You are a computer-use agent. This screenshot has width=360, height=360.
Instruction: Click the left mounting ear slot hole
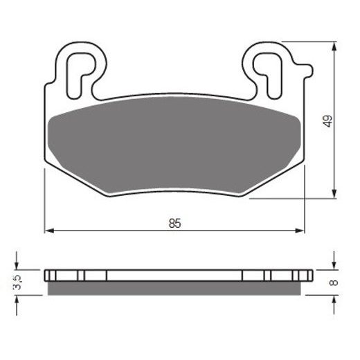[78, 69]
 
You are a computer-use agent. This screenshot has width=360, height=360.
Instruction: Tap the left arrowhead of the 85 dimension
[48, 231]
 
